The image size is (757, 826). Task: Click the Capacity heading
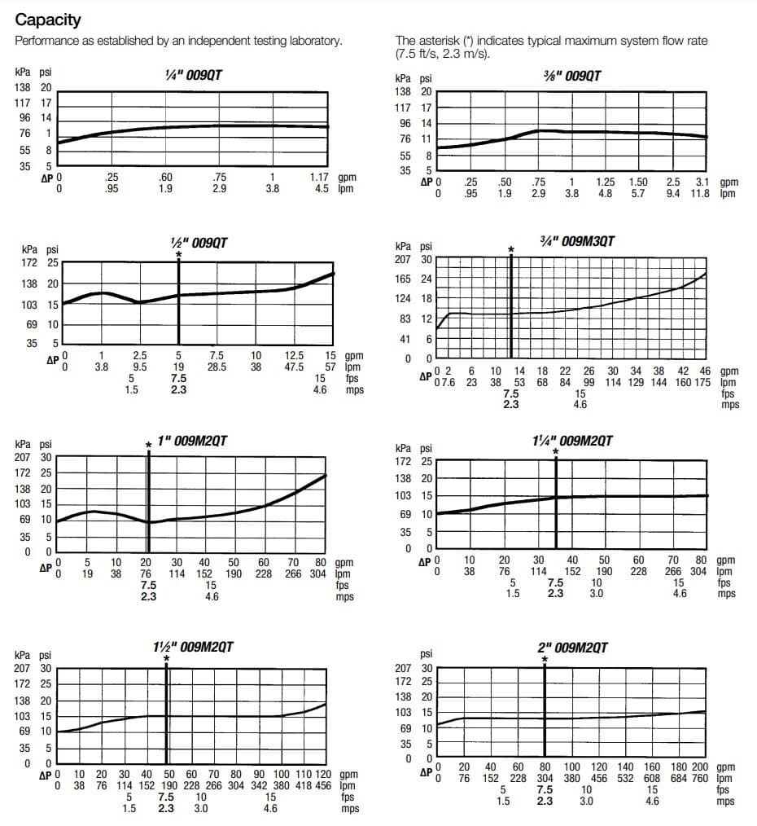[x=48, y=20]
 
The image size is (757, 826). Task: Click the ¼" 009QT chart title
[x=193, y=76]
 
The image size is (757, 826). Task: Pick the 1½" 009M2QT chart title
[x=193, y=647]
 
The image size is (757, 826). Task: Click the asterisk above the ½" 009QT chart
[x=178, y=254]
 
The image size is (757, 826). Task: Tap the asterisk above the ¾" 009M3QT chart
[x=511, y=249]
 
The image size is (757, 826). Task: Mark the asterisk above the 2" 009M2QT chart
[x=545, y=659]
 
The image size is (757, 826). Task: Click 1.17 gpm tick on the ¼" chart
[x=319, y=178]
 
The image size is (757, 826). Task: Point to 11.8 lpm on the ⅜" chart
[x=700, y=193]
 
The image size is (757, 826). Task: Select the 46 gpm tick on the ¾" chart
[x=705, y=371]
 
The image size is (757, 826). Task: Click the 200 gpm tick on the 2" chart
[x=700, y=767]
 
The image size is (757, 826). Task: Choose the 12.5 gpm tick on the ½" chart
[x=294, y=355]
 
